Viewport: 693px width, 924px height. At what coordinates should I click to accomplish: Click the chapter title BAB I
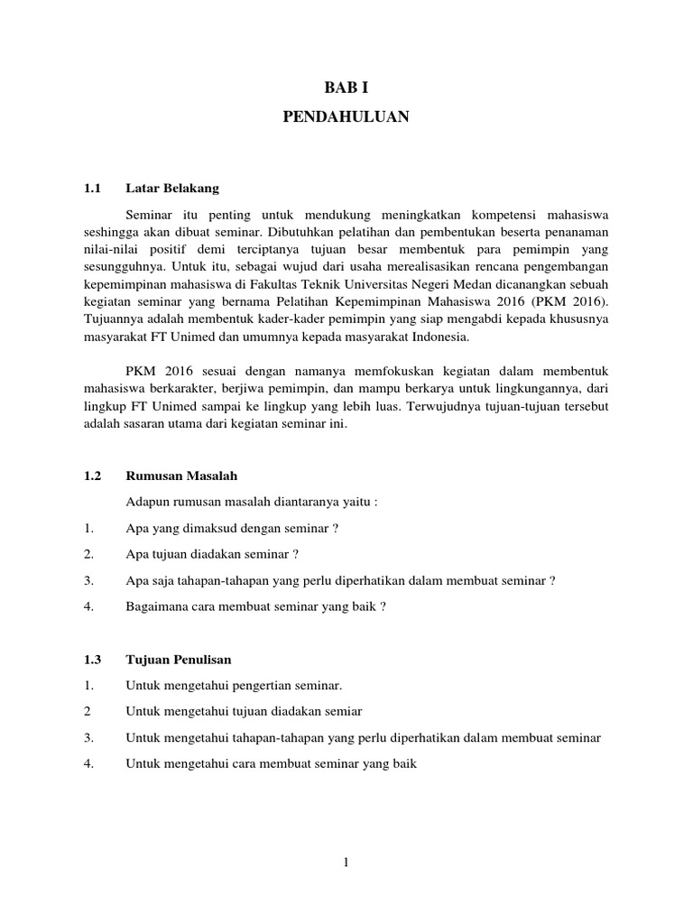click(346, 88)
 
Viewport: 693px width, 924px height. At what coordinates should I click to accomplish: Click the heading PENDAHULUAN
click(346, 116)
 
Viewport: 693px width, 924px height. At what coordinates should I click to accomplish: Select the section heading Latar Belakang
click(173, 189)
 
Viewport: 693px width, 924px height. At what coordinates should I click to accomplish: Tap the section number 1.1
click(90, 189)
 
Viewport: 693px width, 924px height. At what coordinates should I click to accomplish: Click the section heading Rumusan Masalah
click(181, 475)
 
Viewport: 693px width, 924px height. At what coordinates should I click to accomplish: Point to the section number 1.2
click(90, 475)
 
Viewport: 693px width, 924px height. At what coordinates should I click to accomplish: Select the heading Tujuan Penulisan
click(179, 661)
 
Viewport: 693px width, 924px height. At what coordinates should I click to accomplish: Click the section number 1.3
click(90, 661)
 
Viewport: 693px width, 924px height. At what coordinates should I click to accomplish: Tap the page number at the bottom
click(346, 863)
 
